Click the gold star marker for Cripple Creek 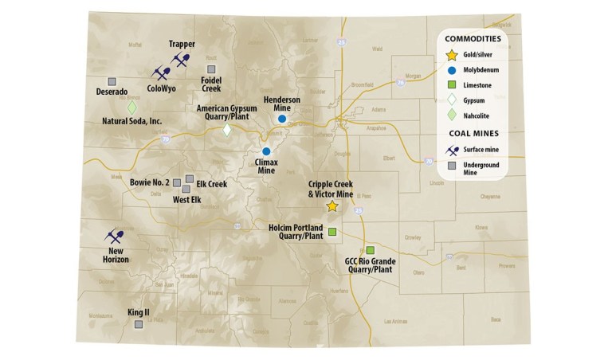click(332, 206)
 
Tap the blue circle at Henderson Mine click(282, 119)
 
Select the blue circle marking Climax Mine click(267, 151)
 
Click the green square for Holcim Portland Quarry click(332, 233)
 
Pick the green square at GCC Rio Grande click(370, 250)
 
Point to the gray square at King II click(139, 324)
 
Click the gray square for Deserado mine click(112, 80)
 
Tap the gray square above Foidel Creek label click(211, 68)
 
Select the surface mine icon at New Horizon click(115, 237)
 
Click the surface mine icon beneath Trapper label click(182, 60)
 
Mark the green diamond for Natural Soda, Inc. click(132, 107)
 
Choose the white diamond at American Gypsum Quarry click(227, 129)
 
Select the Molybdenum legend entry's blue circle click(453, 70)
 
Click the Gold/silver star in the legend click(453, 54)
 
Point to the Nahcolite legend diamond click(453, 116)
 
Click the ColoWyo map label click(162, 89)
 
